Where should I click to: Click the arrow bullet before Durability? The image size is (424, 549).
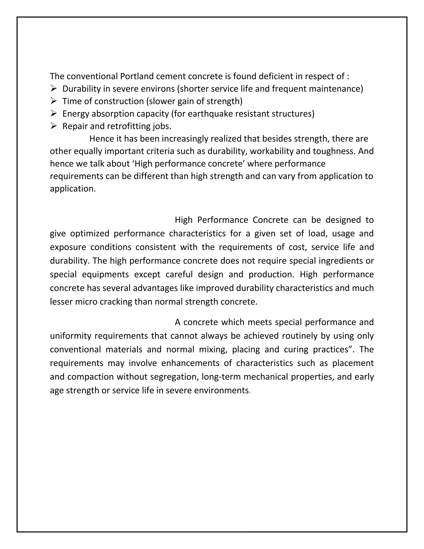click(x=54, y=88)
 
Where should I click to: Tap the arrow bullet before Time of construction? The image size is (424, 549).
click(x=54, y=101)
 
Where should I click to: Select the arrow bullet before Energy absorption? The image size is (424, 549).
click(x=54, y=113)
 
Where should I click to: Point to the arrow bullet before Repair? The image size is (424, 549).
click(x=54, y=126)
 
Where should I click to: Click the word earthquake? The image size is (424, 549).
click(x=210, y=114)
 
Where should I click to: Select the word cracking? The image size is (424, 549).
click(x=116, y=302)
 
